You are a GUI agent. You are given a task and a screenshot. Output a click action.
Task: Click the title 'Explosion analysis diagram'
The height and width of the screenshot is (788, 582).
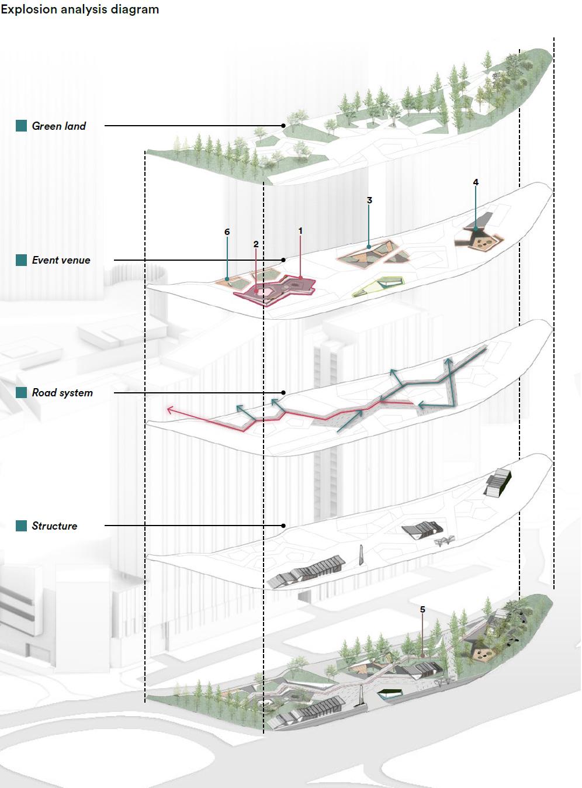[x=79, y=9]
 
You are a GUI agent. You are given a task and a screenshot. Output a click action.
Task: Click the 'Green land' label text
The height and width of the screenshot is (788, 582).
[x=58, y=126]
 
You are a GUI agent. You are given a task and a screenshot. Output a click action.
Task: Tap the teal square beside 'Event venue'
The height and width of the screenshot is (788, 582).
[x=22, y=260]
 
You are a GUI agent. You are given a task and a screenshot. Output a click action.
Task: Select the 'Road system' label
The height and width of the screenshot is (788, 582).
[x=62, y=393]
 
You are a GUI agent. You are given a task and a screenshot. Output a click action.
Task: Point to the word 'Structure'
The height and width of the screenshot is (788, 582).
[x=54, y=526]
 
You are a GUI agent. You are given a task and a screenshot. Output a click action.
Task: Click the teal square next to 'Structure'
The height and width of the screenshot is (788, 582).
[x=22, y=526]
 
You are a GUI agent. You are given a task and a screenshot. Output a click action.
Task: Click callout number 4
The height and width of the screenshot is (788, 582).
[x=476, y=182]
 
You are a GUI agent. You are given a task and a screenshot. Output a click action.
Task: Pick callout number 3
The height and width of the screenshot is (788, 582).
[x=369, y=201]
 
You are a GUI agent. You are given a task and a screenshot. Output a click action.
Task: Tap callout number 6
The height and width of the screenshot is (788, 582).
[x=227, y=232]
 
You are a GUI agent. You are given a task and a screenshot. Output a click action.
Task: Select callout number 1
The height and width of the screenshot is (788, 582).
[x=300, y=231]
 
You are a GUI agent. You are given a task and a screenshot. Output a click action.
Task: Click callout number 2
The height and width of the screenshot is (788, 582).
[x=256, y=244]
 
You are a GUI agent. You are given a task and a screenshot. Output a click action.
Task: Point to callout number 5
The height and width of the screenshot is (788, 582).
[x=422, y=610]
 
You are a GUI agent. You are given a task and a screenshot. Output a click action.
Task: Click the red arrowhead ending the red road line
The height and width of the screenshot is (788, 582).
[x=170, y=410]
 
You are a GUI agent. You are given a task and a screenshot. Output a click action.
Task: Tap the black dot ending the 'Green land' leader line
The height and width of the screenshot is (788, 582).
[x=283, y=126]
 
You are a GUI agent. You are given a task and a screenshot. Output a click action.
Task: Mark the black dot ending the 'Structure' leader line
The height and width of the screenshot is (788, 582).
[x=283, y=526]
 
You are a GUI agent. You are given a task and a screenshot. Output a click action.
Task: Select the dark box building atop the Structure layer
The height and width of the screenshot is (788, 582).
[x=498, y=482]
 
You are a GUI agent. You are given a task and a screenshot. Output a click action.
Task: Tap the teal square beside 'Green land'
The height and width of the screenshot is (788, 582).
[x=22, y=126]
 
